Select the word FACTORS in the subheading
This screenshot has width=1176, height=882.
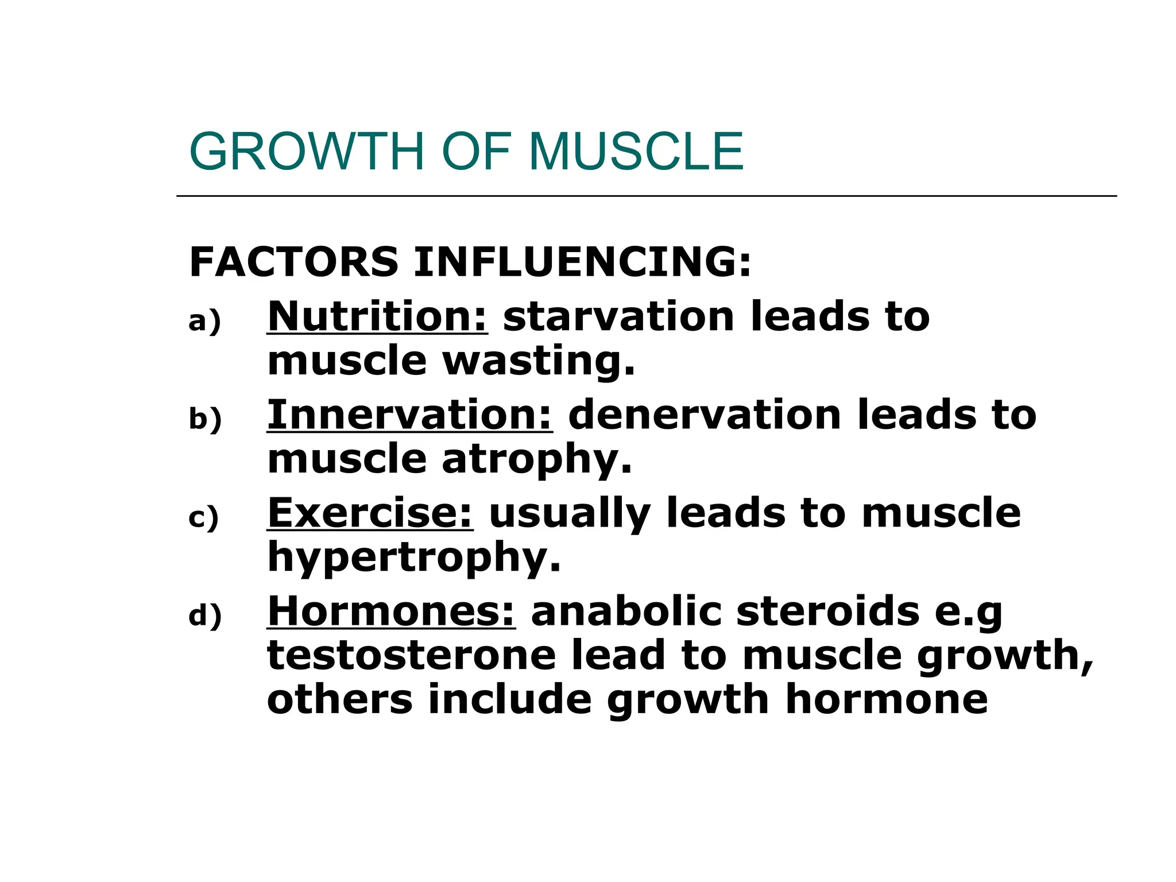[x=293, y=262]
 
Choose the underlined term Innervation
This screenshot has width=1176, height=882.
[x=409, y=415]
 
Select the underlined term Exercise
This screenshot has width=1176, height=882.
[x=370, y=513]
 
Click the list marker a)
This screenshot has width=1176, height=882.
[x=204, y=321]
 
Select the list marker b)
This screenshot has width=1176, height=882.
[x=205, y=419]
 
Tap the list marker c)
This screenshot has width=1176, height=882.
[x=204, y=518]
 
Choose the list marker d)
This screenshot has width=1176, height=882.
[x=205, y=616]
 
